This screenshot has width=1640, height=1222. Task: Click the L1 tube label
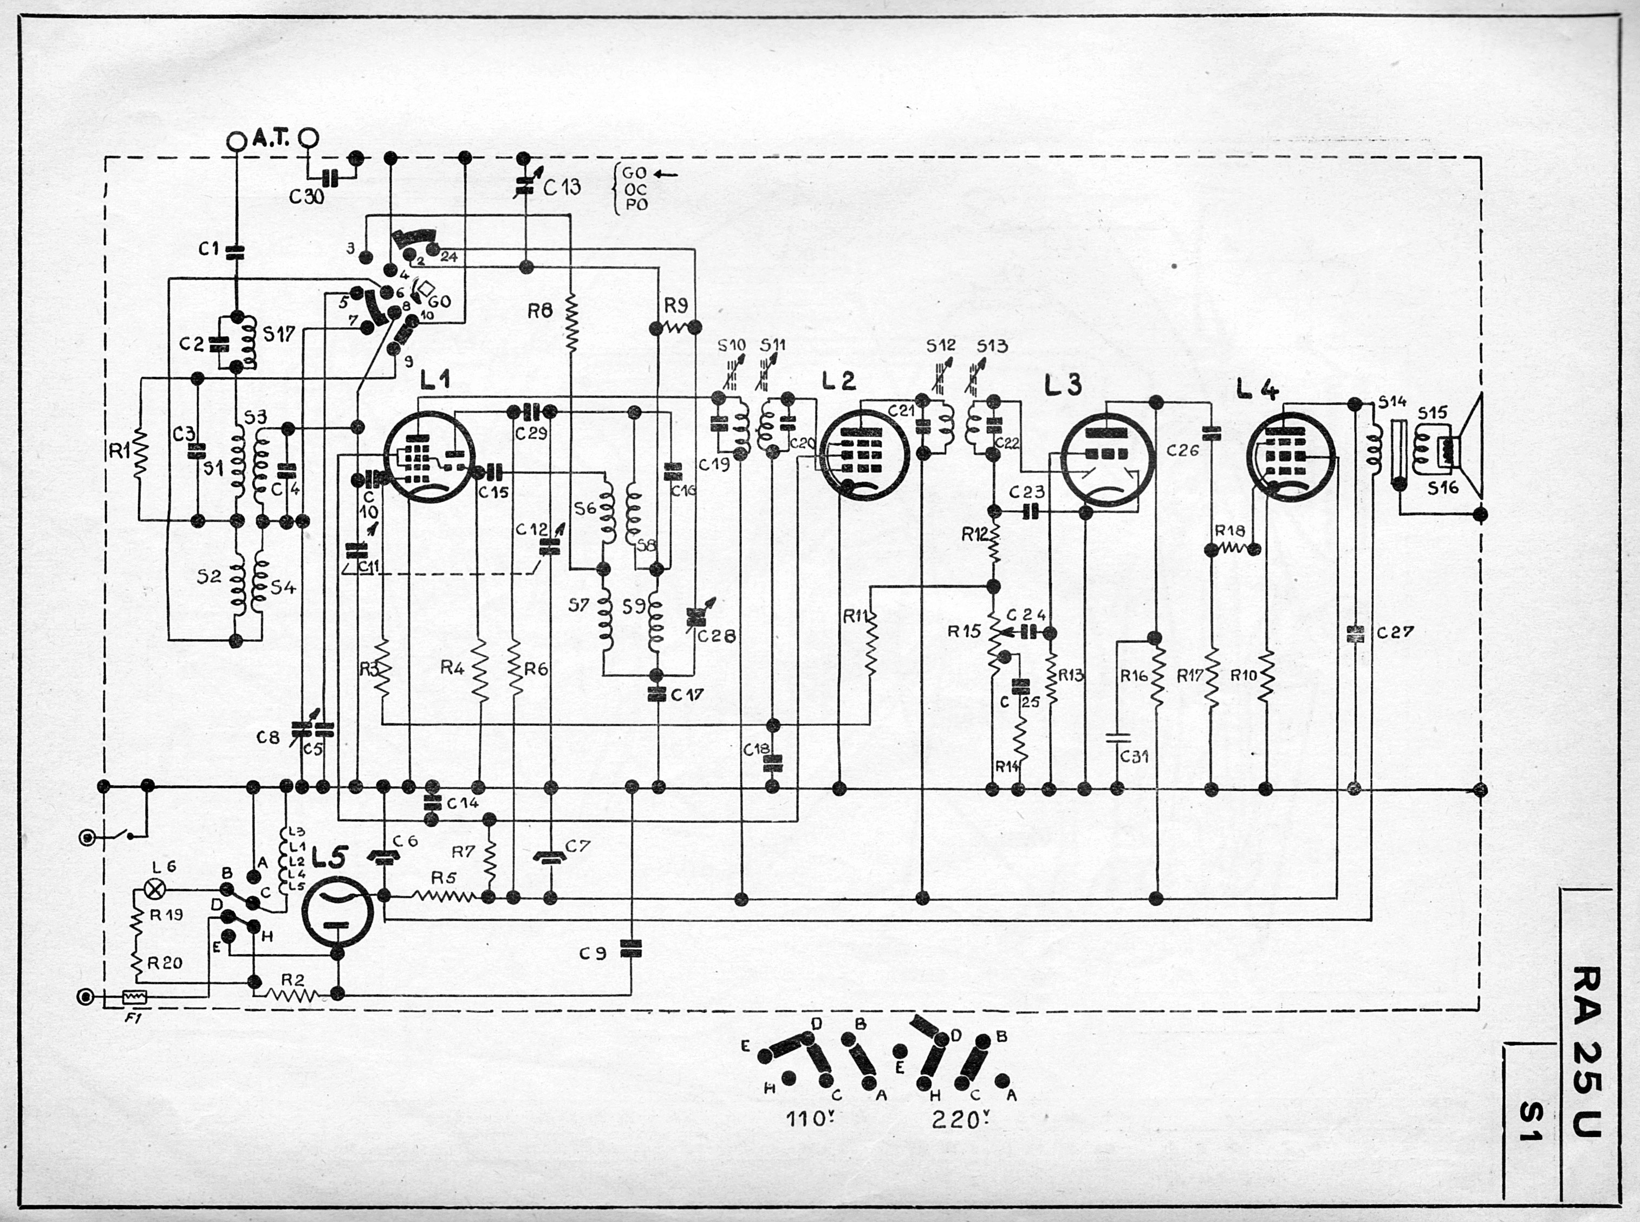[435, 380]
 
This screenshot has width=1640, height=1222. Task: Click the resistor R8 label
[540, 311]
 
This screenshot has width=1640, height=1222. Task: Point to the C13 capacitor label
[562, 187]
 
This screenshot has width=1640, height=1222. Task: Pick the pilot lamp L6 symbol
[156, 889]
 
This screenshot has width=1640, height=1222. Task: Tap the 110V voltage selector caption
[807, 1119]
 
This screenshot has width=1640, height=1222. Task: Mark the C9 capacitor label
[593, 953]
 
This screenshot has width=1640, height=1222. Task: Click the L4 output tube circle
[1291, 455]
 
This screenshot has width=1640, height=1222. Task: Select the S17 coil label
[279, 334]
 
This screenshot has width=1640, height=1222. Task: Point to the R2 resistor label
[293, 979]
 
